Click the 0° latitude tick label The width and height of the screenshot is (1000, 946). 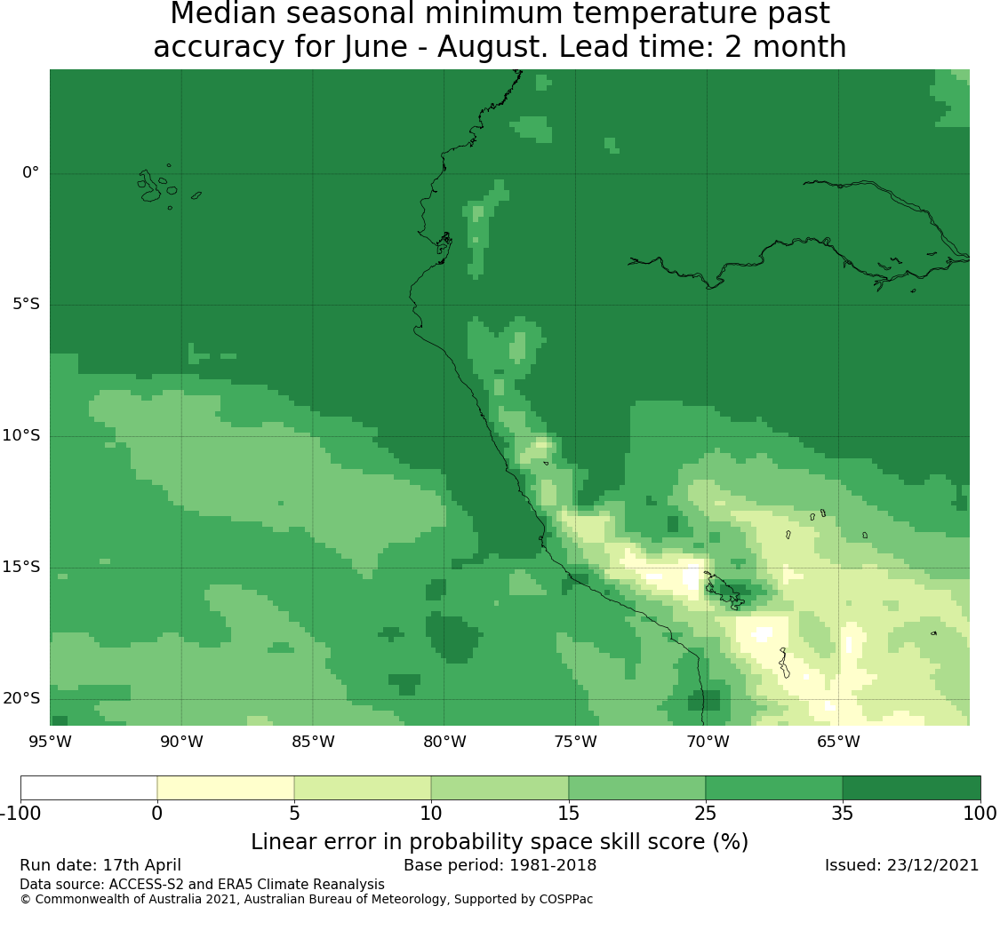point(30,172)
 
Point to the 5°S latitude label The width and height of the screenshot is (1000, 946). point(26,304)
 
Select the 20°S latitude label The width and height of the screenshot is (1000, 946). point(21,698)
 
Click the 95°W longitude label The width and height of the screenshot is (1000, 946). point(50,742)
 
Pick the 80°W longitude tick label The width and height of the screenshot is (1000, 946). point(444,742)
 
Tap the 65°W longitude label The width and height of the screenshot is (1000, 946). point(838,742)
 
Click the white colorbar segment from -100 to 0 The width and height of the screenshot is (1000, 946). point(89,788)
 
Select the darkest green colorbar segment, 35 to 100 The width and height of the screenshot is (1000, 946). point(911,788)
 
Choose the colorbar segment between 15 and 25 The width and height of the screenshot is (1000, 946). point(636,788)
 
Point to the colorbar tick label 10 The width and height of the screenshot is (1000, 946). point(431,813)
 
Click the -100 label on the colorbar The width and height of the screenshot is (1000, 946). point(20,813)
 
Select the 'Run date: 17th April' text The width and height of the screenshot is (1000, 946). point(100,865)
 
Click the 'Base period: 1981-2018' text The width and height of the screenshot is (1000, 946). point(500,865)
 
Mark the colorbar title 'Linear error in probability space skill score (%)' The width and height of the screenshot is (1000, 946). point(500,841)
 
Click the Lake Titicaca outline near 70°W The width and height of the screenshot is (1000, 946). point(724,591)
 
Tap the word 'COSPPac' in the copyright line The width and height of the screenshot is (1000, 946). point(565,900)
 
